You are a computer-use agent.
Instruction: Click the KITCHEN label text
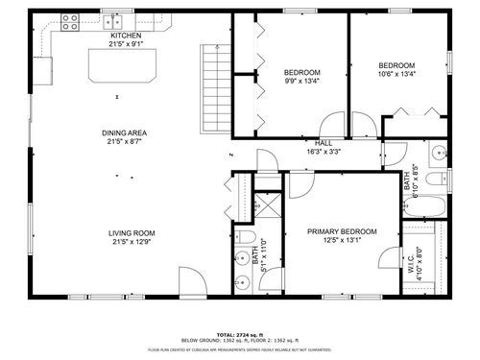point(126,36)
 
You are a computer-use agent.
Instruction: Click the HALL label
point(324,143)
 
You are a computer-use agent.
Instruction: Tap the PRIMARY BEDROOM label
point(342,231)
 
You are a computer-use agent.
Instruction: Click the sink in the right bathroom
point(438,152)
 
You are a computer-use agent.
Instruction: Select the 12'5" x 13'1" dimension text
point(342,241)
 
